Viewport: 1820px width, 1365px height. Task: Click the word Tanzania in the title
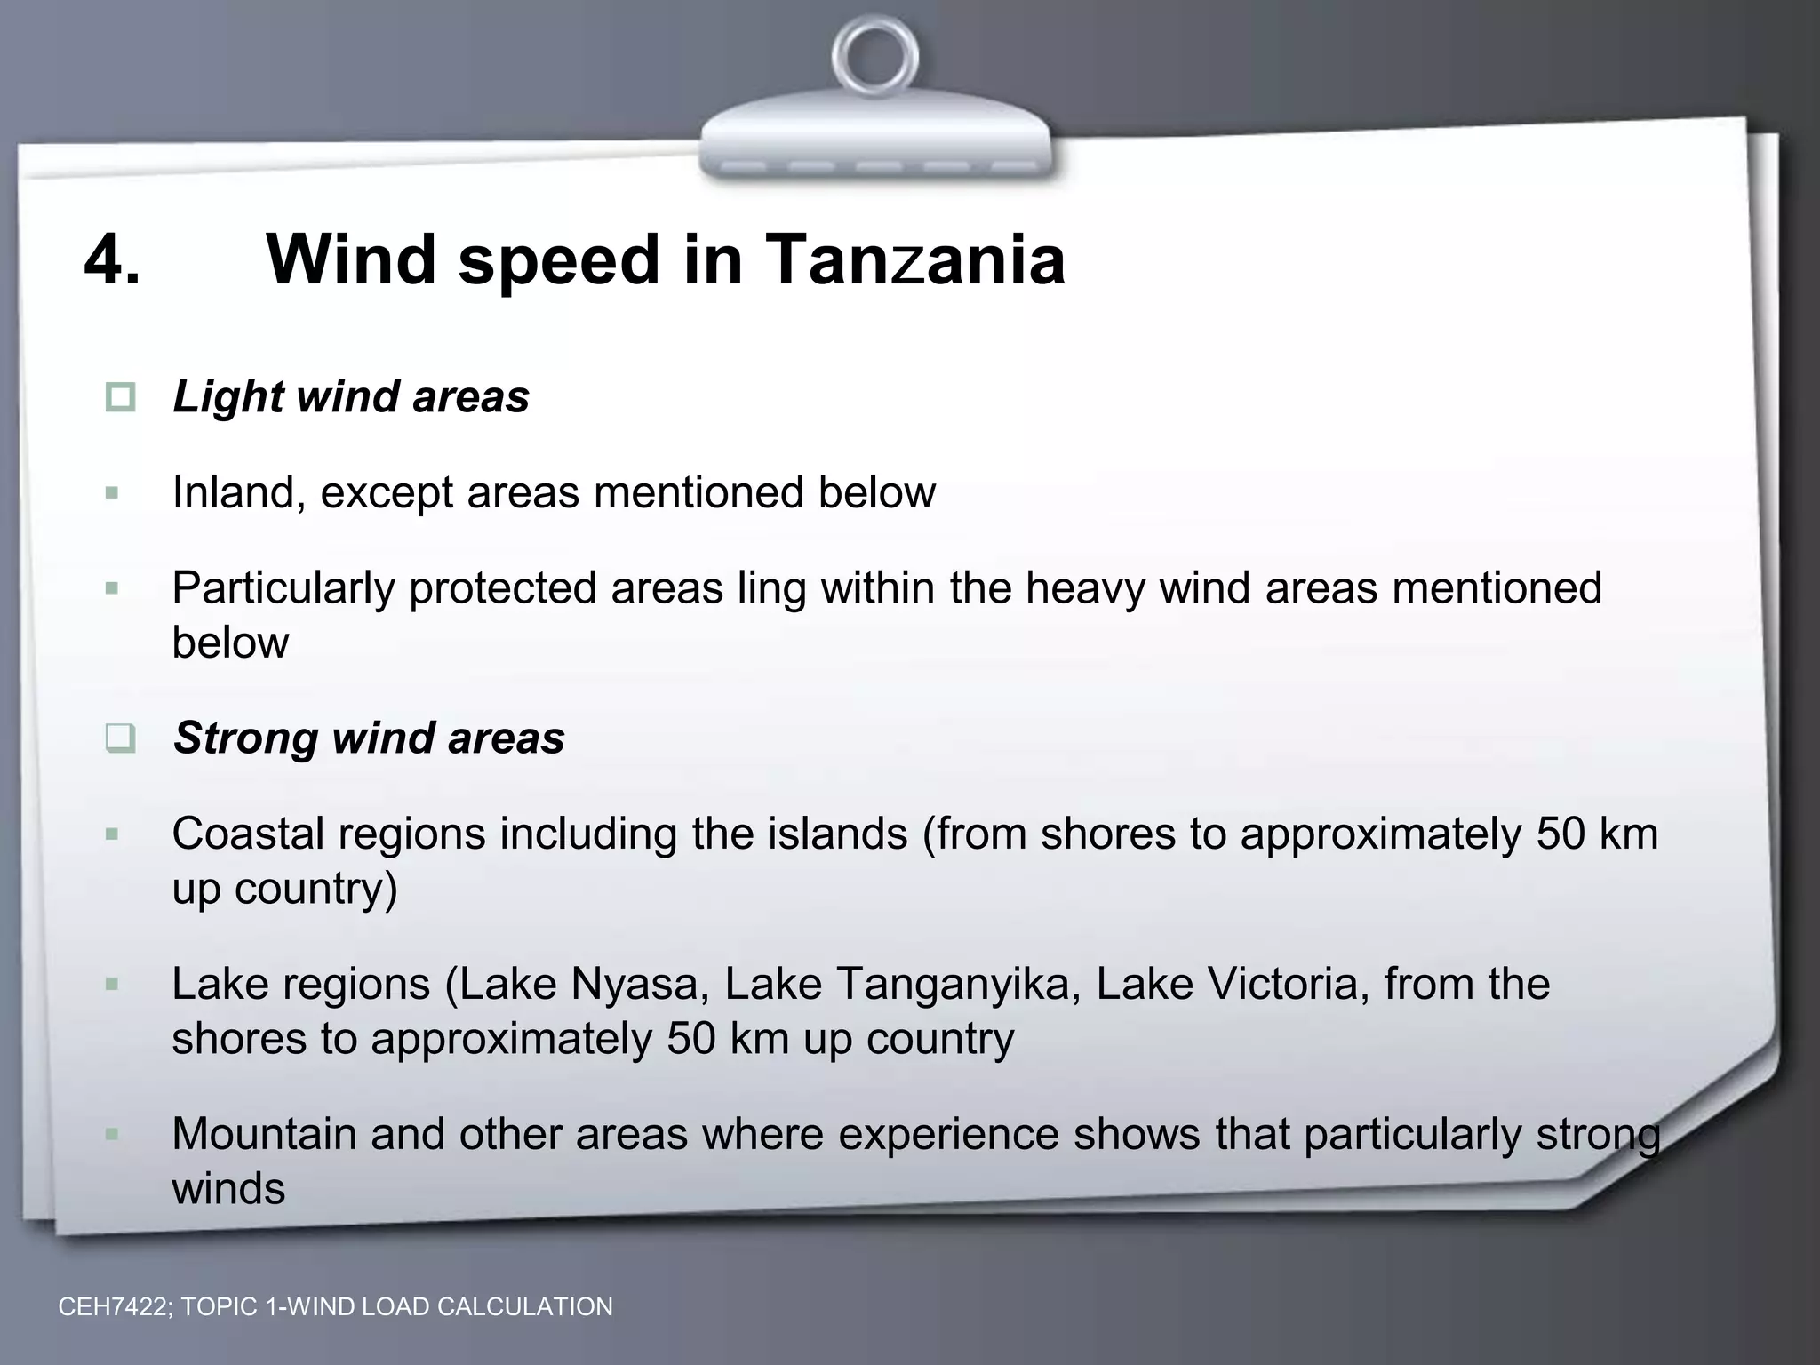pyautogui.click(x=914, y=259)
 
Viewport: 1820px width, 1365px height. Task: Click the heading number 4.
pyautogui.click(x=112, y=259)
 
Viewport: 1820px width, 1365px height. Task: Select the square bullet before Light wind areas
pyautogui.click(x=120, y=397)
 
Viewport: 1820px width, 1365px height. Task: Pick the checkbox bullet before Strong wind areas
pyautogui.click(x=120, y=738)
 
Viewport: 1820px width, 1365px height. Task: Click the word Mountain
pyautogui.click(x=264, y=1134)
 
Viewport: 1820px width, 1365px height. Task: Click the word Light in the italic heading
pyautogui.click(x=227, y=397)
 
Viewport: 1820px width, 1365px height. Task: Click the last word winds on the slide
pyautogui.click(x=228, y=1188)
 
